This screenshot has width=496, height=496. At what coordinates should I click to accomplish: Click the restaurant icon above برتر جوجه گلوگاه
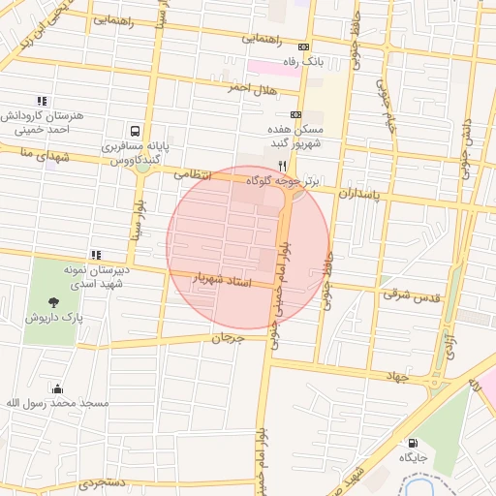click(282, 166)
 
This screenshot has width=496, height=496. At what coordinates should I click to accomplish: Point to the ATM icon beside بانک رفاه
click(305, 46)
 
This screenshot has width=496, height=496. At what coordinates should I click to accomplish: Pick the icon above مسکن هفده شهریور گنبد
click(295, 113)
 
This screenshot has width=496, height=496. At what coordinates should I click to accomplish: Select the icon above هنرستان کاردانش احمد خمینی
click(41, 100)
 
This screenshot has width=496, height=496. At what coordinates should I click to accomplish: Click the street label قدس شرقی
click(410, 294)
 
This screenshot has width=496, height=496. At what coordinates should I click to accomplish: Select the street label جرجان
click(223, 338)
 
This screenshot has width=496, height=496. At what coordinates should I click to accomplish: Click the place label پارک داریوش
click(54, 317)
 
